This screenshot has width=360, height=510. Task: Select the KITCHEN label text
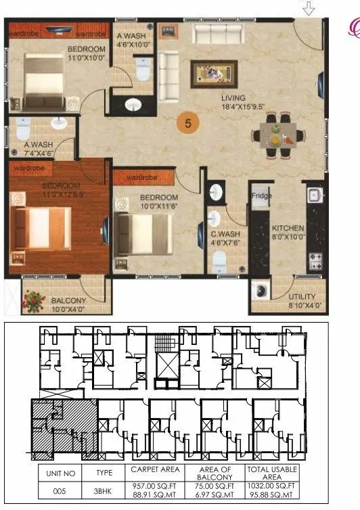(x=288, y=229)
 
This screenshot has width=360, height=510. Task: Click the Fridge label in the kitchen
(x=262, y=196)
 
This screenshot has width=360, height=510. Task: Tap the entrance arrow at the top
(x=309, y=8)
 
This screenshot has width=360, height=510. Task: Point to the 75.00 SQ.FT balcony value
(x=219, y=486)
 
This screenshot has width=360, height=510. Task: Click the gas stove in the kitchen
(x=315, y=260)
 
